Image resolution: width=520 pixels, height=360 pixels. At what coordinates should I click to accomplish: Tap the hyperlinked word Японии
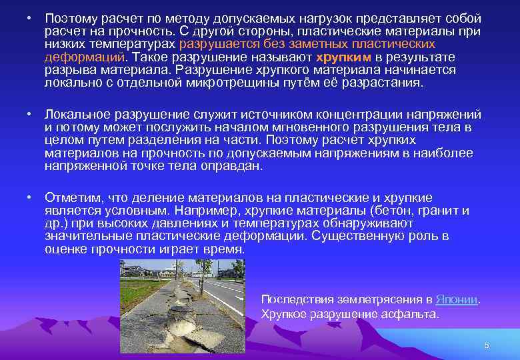[x=457, y=299]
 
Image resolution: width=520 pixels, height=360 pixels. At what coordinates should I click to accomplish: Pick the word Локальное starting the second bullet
[x=75, y=115]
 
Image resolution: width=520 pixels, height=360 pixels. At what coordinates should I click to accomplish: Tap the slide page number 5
[x=487, y=345]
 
